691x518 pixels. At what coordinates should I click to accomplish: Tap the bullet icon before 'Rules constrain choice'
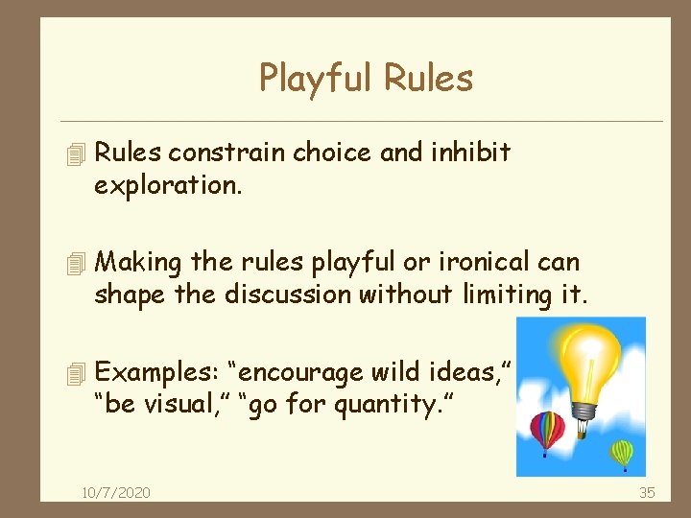pyautogui.click(x=79, y=153)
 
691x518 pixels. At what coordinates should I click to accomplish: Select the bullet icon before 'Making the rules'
pyautogui.click(x=79, y=262)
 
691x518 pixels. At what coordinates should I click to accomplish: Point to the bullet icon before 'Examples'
pyautogui.click(x=79, y=372)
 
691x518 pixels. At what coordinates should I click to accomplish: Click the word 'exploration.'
pyautogui.click(x=167, y=185)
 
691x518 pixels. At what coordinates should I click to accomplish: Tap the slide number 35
pyautogui.click(x=647, y=492)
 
